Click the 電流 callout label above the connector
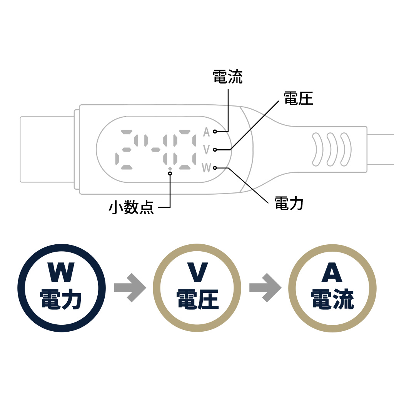pyautogui.click(x=228, y=77)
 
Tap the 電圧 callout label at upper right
pyautogui.click(x=298, y=98)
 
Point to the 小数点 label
pyautogui.click(x=131, y=208)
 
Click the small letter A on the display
pyautogui.click(x=207, y=132)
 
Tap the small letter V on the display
pyautogui.click(x=207, y=149)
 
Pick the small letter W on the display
pyautogui.click(x=207, y=168)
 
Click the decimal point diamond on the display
pyautogui.click(x=170, y=168)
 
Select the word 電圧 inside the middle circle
pyautogui.click(x=197, y=299)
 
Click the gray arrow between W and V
pyautogui.click(x=130, y=287)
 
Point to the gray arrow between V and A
pyautogui.click(x=265, y=287)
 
